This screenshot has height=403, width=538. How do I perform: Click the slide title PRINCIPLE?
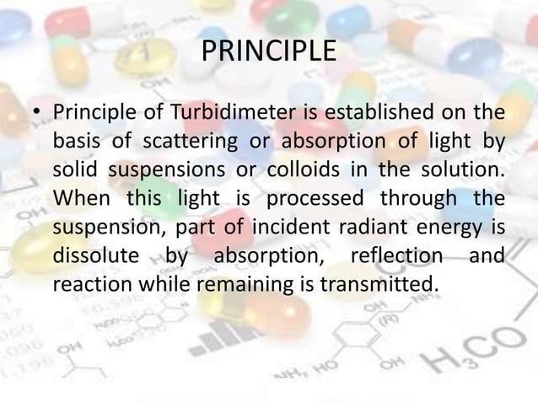[269, 51]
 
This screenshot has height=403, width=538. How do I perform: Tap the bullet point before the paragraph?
[36, 112]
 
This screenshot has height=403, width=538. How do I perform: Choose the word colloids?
[301, 169]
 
